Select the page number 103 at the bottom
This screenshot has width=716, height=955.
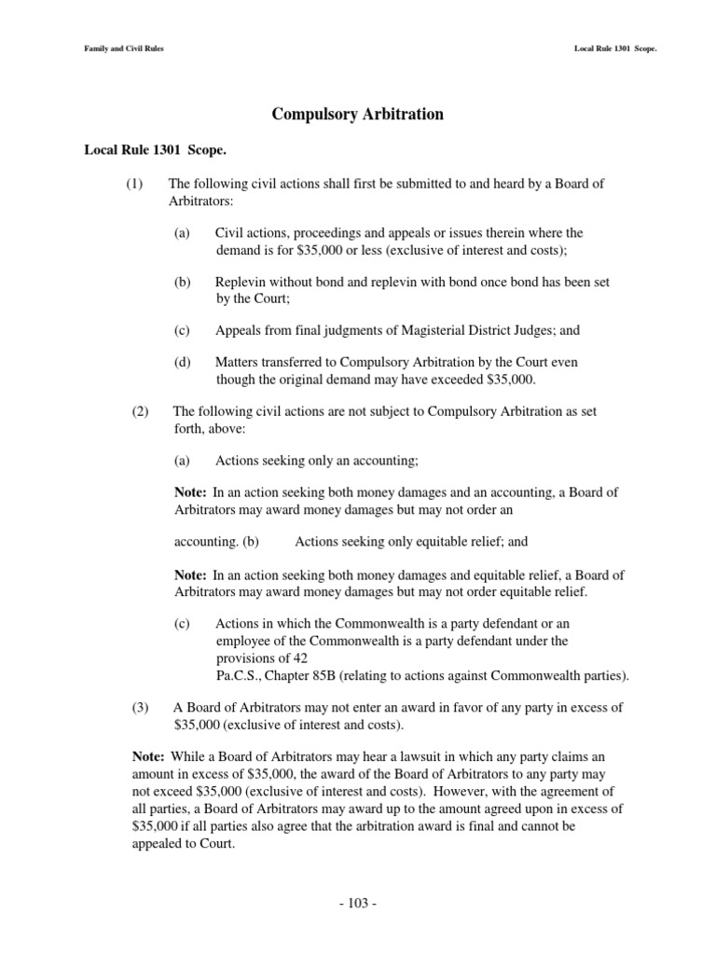[x=357, y=904]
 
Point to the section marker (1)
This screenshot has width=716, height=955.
[x=134, y=184]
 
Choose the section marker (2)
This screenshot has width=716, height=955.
[x=140, y=411]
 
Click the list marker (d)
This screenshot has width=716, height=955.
[x=182, y=362]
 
